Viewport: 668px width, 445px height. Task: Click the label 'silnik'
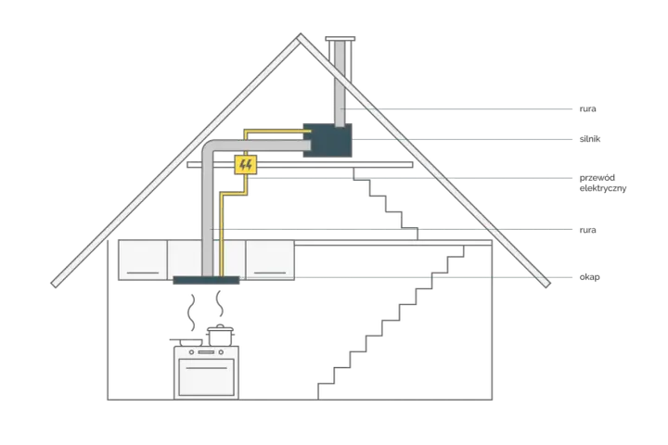(590, 139)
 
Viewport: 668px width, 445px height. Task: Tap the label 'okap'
(590, 277)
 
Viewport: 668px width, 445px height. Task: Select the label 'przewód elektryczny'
(603, 183)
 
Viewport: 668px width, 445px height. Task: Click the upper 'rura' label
(587, 108)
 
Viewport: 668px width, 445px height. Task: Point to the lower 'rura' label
(587, 230)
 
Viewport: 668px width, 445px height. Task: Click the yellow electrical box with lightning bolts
(246, 165)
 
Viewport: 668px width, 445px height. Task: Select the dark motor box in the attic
(328, 140)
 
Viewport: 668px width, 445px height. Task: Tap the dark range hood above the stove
(206, 280)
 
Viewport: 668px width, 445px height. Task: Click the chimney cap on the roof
(340, 39)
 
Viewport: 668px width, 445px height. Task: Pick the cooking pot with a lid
(220, 336)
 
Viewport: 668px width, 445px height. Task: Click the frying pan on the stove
(189, 342)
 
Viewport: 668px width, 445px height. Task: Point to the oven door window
(206, 377)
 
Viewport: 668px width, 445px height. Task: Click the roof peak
(301, 35)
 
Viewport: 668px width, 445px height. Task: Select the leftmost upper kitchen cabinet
(143, 260)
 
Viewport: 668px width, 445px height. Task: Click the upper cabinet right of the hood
(270, 260)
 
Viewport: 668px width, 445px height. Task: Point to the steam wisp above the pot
(220, 304)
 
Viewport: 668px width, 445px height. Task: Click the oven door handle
(206, 368)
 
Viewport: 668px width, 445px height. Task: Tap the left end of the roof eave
(55, 284)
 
